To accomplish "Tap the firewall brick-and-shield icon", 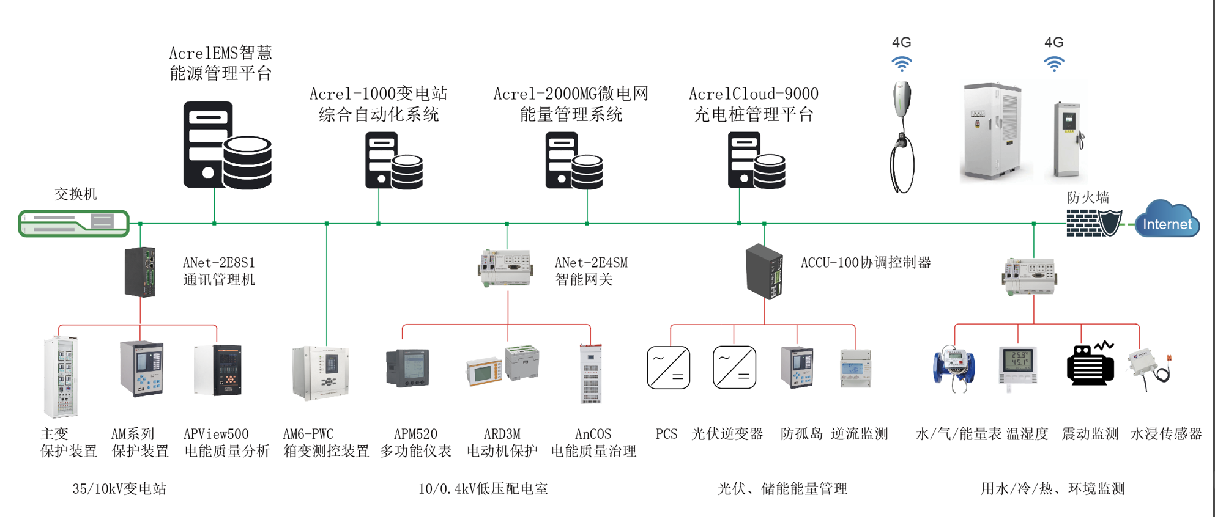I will tap(1094, 223).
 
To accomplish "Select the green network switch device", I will tap(73, 223).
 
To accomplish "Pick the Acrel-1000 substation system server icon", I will tap(393, 161).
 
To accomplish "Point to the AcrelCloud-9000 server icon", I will tap(756, 161).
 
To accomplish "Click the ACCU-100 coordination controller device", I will tap(764, 271).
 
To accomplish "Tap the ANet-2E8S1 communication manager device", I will tap(140, 272).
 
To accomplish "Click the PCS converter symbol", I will tap(668, 367).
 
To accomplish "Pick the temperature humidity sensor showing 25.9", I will tap(1018, 365).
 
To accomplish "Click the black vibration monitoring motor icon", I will tap(1090, 365).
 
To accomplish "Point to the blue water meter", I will tap(953, 368).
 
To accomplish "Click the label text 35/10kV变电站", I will tap(119, 489).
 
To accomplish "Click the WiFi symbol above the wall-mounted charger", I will tap(901, 64).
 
